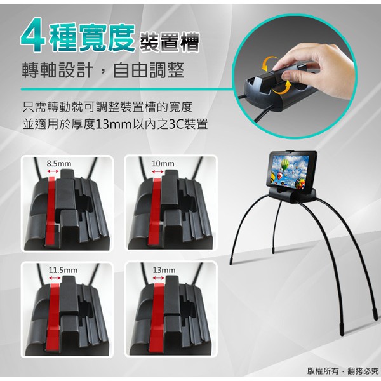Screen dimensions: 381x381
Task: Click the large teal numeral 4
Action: pyautogui.click(x=32, y=37)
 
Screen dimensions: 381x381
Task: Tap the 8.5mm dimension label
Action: pyautogui.click(x=59, y=164)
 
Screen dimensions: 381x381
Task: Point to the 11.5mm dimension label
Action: pyautogui.click(x=63, y=270)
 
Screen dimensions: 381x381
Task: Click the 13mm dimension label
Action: pyautogui.click(x=164, y=270)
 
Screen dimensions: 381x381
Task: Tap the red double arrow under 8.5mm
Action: pyautogui.click(x=53, y=171)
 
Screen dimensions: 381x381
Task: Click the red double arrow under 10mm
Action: pyautogui.click(x=157, y=172)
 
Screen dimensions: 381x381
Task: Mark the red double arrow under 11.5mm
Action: pyautogui.click(x=55, y=278)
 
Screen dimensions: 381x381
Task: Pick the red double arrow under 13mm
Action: pyautogui.click(x=159, y=278)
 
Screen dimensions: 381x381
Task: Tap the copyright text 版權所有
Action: pyautogui.click(x=323, y=371)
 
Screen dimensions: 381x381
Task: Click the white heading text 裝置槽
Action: pyautogui.click(x=170, y=42)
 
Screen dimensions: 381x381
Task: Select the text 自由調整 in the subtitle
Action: pyautogui.click(x=149, y=70)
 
